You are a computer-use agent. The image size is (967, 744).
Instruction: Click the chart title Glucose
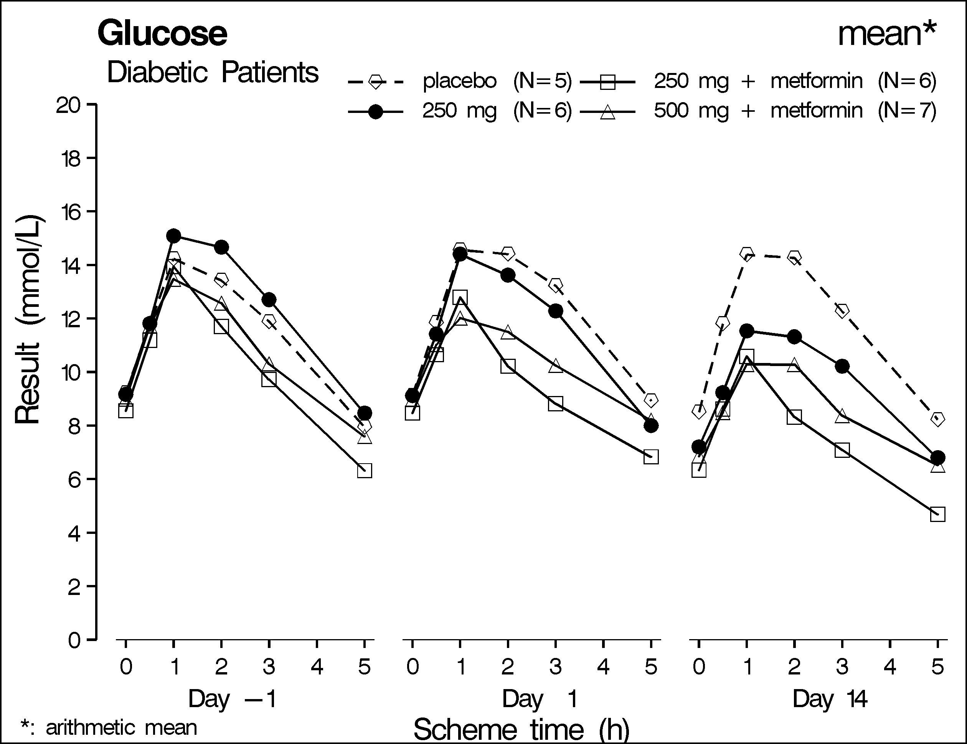tap(162, 34)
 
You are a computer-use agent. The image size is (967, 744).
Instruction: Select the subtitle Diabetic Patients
tap(212, 72)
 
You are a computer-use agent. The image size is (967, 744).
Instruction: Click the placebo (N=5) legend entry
tap(460, 81)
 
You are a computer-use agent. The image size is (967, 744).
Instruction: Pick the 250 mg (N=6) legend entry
tap(460, 111)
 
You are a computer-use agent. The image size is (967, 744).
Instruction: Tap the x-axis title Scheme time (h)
tap(521, 729)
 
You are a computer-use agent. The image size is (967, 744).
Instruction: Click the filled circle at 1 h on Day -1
tap(174, 235)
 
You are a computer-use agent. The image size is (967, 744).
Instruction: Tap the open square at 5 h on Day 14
tap(937, 515)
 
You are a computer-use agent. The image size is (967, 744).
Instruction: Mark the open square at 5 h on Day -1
tap(364, 471)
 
